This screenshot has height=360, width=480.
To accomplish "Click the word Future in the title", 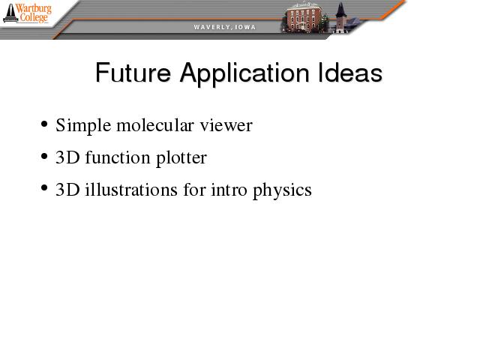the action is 133,73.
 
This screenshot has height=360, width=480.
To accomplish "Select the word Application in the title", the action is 244,74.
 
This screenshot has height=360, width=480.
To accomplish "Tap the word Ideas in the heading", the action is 350,72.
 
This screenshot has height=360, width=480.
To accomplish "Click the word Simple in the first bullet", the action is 83,126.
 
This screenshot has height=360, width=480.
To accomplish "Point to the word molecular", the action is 155,124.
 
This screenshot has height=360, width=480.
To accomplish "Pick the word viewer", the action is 226,125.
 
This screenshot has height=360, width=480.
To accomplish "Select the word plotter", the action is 181,158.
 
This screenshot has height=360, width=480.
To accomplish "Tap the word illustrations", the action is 131,189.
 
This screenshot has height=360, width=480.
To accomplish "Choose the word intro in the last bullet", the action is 229,190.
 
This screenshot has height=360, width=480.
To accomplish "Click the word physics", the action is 282,190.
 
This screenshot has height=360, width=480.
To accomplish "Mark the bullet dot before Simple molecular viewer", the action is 44,124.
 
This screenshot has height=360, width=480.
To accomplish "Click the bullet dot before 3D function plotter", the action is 44,157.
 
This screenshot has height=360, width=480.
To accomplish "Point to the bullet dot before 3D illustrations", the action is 44,188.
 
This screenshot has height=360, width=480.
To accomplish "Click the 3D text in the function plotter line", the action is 67,157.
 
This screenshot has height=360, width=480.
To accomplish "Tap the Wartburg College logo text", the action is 34,13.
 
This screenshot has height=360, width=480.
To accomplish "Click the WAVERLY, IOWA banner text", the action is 225,27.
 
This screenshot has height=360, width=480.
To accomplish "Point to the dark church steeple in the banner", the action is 340,16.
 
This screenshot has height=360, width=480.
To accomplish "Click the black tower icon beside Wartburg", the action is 10,13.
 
